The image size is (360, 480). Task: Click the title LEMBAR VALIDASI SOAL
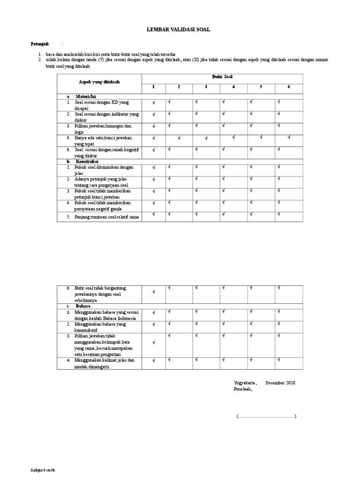click(180, 29)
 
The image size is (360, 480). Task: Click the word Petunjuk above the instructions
click(40, 44)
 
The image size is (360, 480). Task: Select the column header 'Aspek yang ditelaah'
click(99, 82)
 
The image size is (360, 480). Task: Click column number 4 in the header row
click(233, 87)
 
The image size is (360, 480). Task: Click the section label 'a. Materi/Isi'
click(81, 96)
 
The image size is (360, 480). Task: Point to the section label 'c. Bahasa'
click(79, 306)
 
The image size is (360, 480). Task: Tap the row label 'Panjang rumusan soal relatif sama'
click(107, 217)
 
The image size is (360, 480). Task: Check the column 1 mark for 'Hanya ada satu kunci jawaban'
click(154, 138)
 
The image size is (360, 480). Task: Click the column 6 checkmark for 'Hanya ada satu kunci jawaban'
click(289, 137)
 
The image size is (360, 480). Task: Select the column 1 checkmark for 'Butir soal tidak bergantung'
click(154, 292)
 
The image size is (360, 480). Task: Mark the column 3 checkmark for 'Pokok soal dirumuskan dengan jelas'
click(196, 166)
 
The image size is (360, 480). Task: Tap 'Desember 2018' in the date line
click(280, 382)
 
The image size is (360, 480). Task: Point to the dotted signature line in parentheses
click(266, 416)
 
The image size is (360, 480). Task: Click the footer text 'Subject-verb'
click(43, 470)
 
